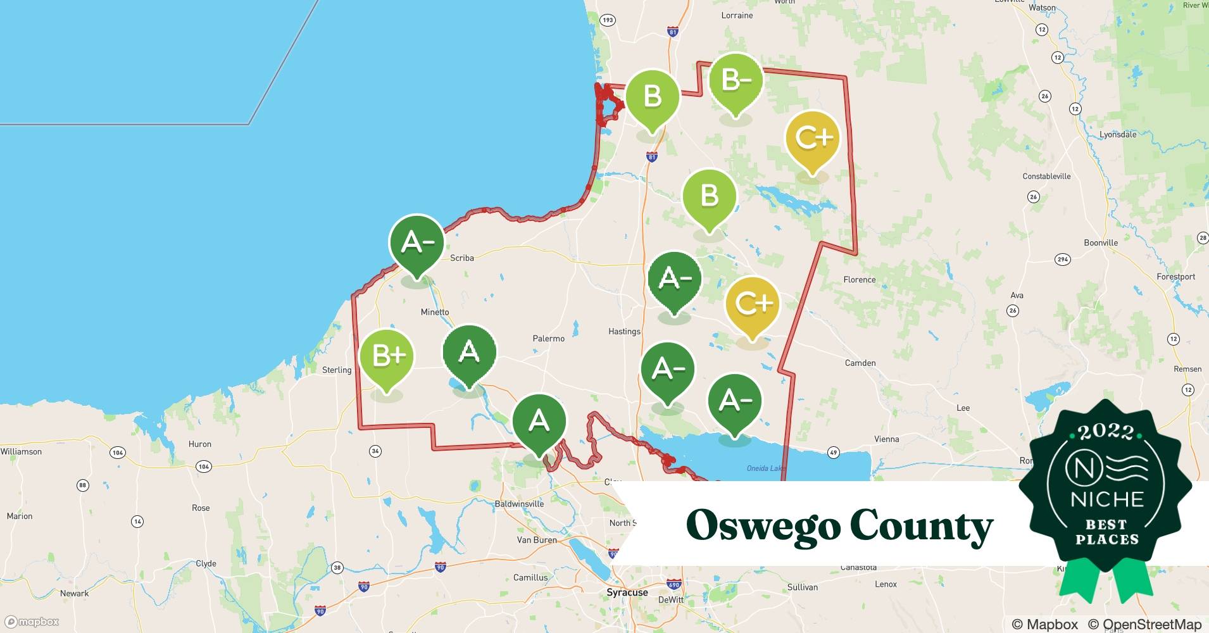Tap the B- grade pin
[736, 81]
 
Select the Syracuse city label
[627, 592]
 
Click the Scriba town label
[461, 258]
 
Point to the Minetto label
[435, 312]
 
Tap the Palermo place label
[548, 339]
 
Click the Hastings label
[624, 331]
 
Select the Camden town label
[860, 363]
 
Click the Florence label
[859, 279]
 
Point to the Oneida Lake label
[766, 468]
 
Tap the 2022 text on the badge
[1106, 432]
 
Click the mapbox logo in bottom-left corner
[32, 622]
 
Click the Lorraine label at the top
[737, 15]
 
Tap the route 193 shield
[608, 20]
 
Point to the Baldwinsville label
[519, 504]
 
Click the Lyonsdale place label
[1118, 134]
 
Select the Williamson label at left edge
[21, 451]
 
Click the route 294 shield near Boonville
[1063, 260]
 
